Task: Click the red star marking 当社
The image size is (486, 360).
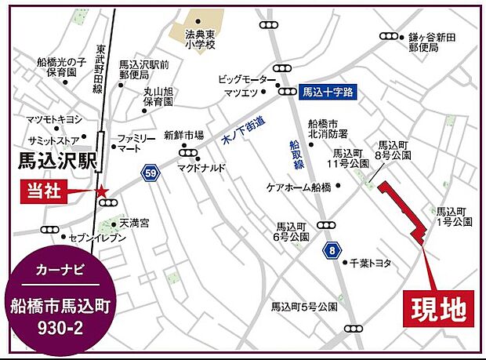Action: pos(101,191)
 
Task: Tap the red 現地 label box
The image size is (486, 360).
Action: pos(439,307)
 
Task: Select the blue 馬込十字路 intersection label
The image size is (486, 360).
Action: pos(328,91)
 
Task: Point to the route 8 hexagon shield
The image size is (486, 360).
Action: pos(332,250)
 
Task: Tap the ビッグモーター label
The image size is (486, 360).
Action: pos(242,79)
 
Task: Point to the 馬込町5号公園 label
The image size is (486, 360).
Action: pos(304,305)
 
